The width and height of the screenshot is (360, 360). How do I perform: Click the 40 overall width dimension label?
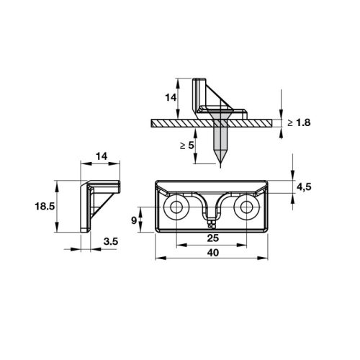(x=213, y=253)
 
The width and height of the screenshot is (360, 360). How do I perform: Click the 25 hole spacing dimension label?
(x=213, y=238)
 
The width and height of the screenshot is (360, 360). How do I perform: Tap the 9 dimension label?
(x=134, y=220)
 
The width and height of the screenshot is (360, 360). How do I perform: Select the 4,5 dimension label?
(x=304, y=186)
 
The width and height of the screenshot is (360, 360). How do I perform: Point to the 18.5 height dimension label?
(x=45, y=206)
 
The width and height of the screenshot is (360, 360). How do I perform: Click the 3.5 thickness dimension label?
(x=111, y=241)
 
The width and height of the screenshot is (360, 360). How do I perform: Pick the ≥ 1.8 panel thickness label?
(x=299, y=122)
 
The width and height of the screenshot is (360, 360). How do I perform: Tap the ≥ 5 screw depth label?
(x=187, y=145)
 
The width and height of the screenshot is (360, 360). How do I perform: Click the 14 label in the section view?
(x=171, y=97)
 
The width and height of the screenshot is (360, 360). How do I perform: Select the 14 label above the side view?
(x=102, y=156)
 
